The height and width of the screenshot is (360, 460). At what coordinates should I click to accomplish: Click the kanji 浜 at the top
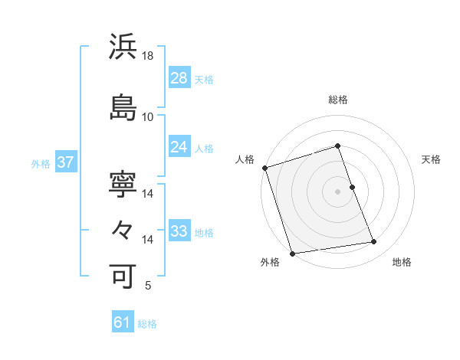point(123,47)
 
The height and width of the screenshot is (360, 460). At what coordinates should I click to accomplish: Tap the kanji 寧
point(123,185)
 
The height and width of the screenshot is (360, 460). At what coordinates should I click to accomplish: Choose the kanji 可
point(123,273)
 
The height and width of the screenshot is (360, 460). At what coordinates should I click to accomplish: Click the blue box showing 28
point(179,78)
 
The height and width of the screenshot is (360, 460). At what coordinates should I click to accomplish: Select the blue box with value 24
point(179,148)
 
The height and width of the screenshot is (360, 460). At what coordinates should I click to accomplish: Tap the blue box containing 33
point(179,232)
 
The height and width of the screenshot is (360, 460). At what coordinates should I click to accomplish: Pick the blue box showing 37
point(66,163)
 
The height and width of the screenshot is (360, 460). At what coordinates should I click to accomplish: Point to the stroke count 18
point(148,56)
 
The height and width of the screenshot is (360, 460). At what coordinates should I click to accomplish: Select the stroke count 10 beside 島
point(148,116)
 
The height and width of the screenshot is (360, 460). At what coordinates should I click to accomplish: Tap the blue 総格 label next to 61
point(147,324)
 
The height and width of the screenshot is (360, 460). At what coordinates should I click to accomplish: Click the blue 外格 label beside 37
point(41,164)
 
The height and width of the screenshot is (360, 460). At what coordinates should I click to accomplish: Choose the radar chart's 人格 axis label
point(245,159)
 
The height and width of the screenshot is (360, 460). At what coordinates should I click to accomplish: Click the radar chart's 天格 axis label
point(431,159)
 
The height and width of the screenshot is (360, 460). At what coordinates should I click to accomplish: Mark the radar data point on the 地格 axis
point(374,242)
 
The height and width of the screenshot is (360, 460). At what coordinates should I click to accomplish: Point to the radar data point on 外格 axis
point(291,253)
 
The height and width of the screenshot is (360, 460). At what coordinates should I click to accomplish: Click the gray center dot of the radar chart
point(337,191)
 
